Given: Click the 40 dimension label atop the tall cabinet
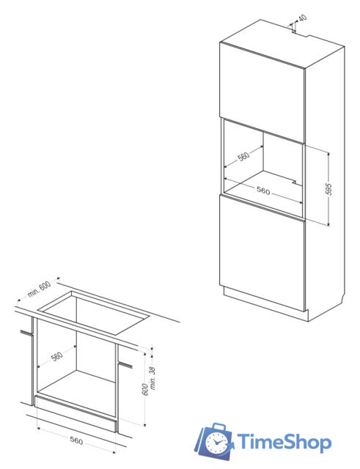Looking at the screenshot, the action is point(303,18).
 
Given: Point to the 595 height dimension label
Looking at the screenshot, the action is point(328,189).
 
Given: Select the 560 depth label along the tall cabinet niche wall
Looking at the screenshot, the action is point(244,156).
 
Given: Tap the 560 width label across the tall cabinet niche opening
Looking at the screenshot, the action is point(263,191).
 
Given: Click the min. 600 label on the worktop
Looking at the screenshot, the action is point(39,289).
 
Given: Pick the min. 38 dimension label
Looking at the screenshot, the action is point(153,378).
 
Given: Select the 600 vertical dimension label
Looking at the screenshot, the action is point(145,389).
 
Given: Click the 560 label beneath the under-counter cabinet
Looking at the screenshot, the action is point(76,440).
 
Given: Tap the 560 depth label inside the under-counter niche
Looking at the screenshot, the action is point(57,356).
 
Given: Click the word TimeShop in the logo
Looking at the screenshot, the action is point(284,443).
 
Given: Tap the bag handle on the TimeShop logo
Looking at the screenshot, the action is point(218,426).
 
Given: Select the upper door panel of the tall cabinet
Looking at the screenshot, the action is point(262,92).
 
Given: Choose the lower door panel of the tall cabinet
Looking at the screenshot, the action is point(262,254).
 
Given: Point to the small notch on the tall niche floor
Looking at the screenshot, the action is point(294,182).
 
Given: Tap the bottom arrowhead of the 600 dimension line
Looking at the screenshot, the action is point(145,424).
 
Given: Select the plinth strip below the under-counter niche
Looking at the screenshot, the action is point(76,413).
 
